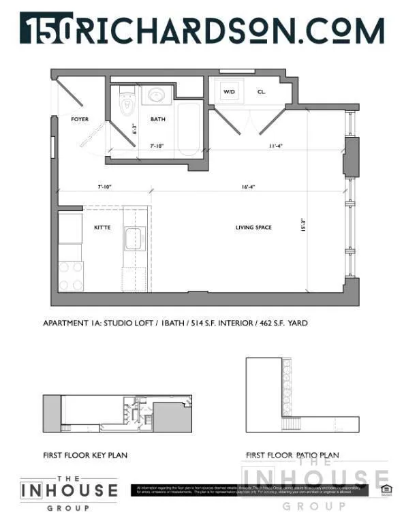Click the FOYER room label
point(80,119)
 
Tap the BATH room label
point(158,119)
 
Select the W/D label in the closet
point(230,91)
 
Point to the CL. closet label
point(262,91)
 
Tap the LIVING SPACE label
point(253,227)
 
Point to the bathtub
point(187,131)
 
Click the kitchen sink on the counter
point(132,240)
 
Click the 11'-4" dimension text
point(275,145)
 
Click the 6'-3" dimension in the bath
point(136,129)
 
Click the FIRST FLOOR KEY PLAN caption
point(85,455)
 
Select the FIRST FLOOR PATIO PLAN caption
point(292,455)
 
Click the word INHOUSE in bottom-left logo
point(69,490)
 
